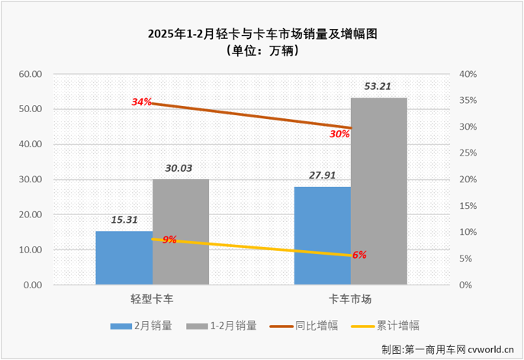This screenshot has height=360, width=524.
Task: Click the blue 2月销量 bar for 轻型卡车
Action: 124,258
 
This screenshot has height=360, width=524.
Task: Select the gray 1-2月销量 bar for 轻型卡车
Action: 180,232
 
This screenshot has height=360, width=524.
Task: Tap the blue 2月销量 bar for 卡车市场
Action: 322,236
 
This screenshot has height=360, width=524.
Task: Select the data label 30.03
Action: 180,168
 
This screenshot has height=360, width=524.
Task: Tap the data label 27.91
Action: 322,175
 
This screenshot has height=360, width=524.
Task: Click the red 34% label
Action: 142,101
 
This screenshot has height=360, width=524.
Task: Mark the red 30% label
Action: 339,133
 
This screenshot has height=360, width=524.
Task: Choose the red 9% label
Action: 169,239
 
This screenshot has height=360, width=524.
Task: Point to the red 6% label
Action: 359,255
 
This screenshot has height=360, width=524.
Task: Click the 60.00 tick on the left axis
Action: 30,74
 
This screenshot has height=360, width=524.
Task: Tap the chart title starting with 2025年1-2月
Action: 262,34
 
